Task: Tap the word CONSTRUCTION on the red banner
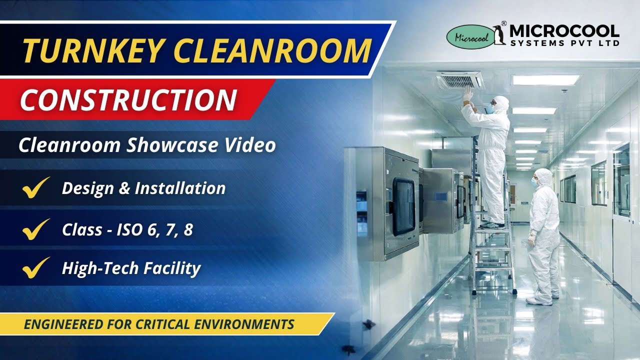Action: click(x=128, y=99)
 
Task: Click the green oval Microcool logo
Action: click(x=469, y=37)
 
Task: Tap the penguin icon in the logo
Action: click(x=498, y=35)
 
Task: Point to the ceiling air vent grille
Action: click(x=460, y=79)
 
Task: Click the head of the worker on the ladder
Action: click(x=500, y=103)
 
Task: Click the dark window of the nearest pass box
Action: click(x=403, y=206)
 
